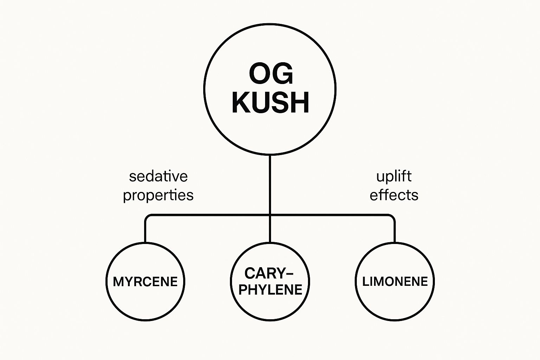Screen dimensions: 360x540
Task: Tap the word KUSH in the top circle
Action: pos(270,102)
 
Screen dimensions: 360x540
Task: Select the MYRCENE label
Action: pos(145,282)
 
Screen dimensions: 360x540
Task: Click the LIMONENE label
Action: pos(395,281)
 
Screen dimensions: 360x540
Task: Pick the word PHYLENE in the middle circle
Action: pos(270,290)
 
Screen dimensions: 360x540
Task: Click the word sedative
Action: pos(158,176)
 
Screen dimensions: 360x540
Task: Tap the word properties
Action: pos(158,195)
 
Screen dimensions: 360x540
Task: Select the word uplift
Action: pos(394,176)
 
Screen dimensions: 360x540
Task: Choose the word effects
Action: pos(394,195)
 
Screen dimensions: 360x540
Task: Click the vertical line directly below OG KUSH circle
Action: pos(270,183)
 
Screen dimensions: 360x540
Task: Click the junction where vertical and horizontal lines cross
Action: pos(270,215)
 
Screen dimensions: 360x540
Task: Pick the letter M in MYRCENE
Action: pos(118,282)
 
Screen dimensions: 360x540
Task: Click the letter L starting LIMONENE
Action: pos(365,281)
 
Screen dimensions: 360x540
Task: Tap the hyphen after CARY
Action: pos(289,273)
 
